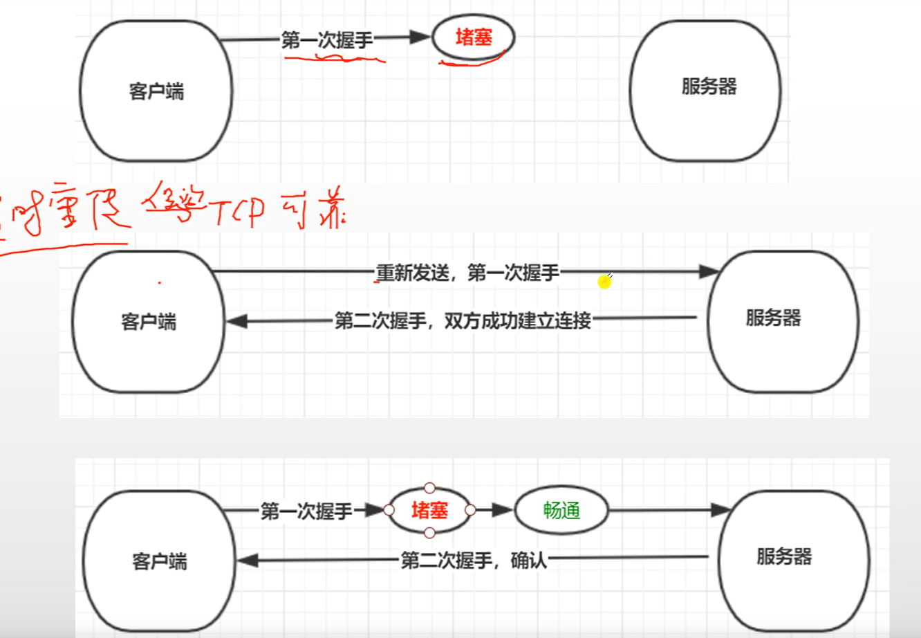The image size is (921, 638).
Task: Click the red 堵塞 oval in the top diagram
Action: [x=474, y=38]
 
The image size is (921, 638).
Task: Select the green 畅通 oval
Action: [x=561, y=511]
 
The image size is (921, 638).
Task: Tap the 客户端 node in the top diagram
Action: [x=156, y=91]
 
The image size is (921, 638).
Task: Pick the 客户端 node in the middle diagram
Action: [x=149, y=322]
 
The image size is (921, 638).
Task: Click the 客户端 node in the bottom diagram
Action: [x=160, y=560]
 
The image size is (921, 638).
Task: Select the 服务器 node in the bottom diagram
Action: [x=789, y=557]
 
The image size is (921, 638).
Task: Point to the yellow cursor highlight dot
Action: [x=604, y=282]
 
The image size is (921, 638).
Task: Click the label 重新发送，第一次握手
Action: [x=467, y=273]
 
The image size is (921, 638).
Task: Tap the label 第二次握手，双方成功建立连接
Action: [x=463, y=320]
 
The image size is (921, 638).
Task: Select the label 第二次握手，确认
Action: [x=474, y=560]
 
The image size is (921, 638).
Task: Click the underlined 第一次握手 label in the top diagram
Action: [x=327, y=40]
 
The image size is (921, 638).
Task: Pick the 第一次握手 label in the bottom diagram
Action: [x=306, y=511]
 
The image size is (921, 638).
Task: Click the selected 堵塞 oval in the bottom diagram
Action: [x=429, y=511]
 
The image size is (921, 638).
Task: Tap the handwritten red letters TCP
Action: [x=239, y=211]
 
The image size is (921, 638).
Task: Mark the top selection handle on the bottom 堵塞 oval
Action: [x=429, y=489]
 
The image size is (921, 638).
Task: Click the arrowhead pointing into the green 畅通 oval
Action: [x=503, y=511]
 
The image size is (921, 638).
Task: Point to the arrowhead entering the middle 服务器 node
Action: [x=709, y=272]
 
